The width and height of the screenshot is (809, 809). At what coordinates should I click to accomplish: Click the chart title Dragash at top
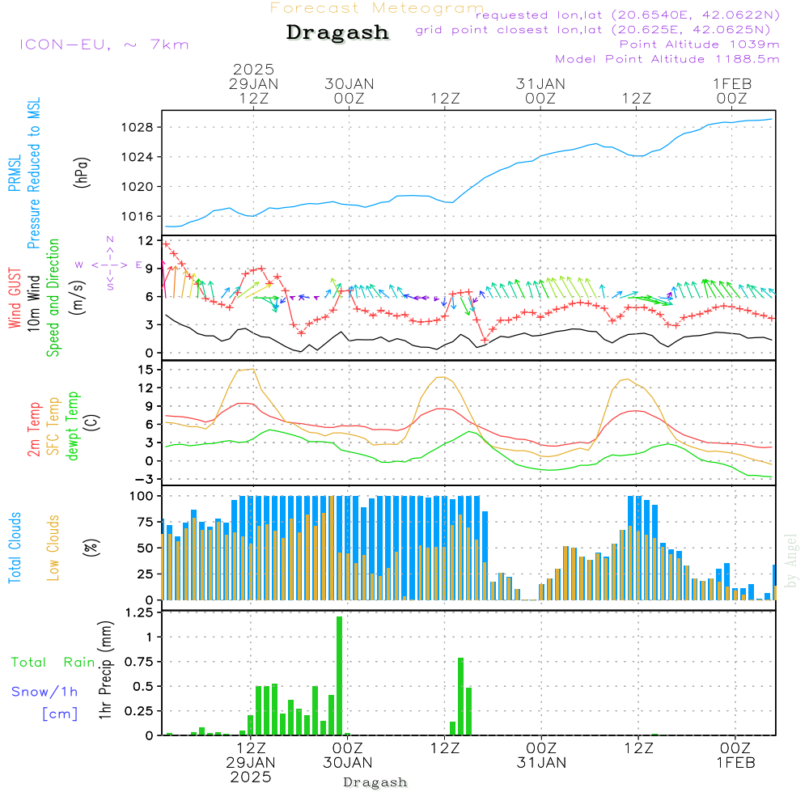pyautogui.click(x=337, y=33)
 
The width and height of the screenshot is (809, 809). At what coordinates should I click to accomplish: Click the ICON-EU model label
pyautogui.click(x=104, y=44)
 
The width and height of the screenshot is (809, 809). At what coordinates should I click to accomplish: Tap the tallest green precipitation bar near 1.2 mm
pyautogui.click(x=340, y=676)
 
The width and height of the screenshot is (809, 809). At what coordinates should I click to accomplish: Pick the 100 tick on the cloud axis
pyautogui.click(x=142, y=496)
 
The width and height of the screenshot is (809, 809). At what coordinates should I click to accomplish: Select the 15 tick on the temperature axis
pyautogui.click(x=146, y=370)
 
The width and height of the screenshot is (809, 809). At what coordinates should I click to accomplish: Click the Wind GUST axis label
pyautogui.click(x=15, y=298)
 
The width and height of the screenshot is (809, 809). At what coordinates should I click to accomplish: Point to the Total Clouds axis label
pyautogui.click(x=15, y=548)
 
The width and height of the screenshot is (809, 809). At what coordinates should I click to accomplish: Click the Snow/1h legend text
pyautogui.click(x=44, y=692)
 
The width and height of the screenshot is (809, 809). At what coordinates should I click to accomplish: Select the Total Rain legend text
pyautogui.click(x=53, y=662)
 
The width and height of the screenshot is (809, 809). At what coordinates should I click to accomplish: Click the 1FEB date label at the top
pyautogui.click(x=731, y=83)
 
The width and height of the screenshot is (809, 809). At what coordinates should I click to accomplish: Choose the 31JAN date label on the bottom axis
pyautogui.click(x=541, y=762)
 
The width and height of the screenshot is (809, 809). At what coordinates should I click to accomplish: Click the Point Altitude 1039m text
pyautogui.click(x=699, y=44)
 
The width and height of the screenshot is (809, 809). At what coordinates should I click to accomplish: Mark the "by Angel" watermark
pyautogui.click(x=791, y=561)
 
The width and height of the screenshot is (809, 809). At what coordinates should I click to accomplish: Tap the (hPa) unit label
pyautogui.click(x=82, y=172)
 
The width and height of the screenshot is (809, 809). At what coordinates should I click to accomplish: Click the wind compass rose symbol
pyautogui.click(x=110, y=265)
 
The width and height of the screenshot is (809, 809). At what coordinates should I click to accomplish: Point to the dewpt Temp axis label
pyautogui.click(x=74, y=426)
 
